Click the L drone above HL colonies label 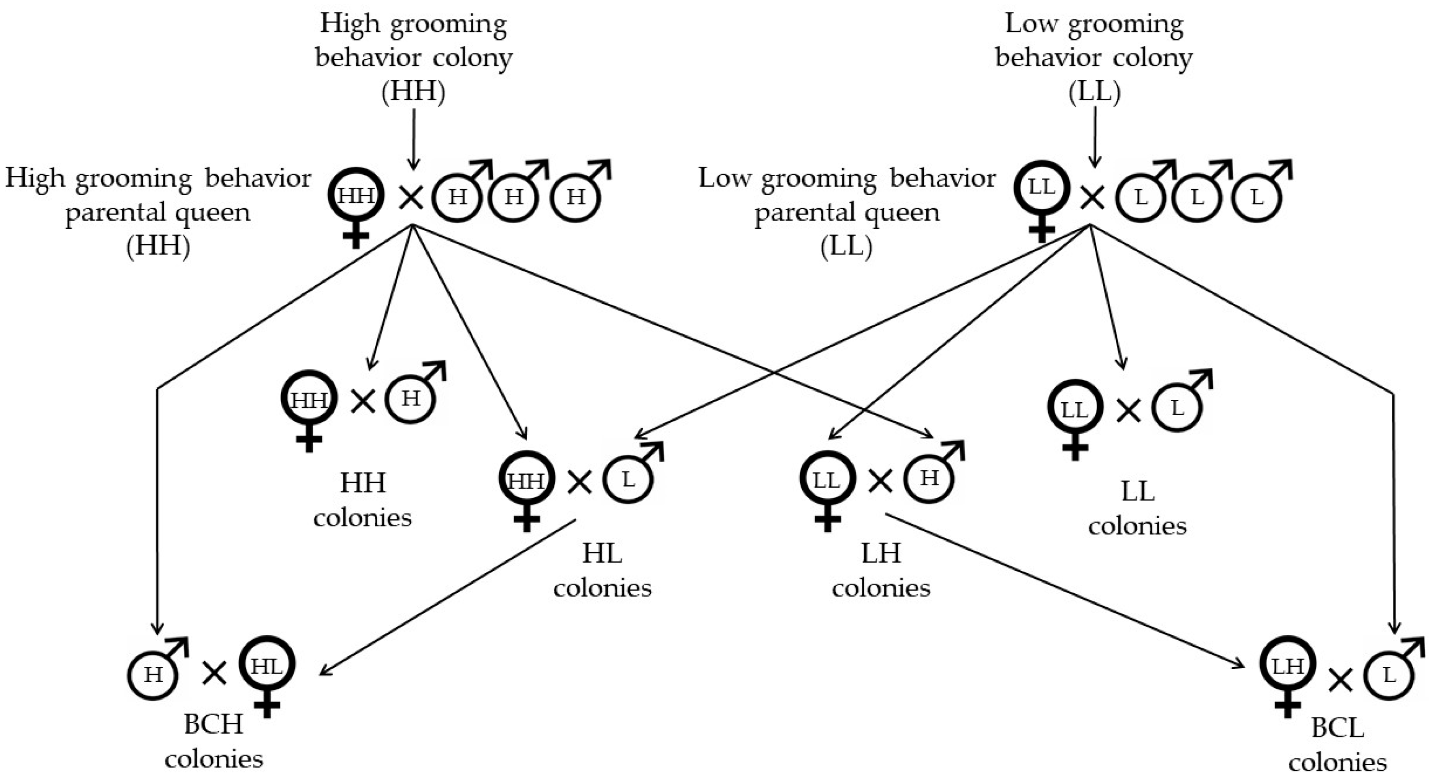coord(628,479)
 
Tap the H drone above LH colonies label coord(929,478)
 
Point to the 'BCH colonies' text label coord(213,741)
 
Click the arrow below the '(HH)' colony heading coord(413,139)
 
